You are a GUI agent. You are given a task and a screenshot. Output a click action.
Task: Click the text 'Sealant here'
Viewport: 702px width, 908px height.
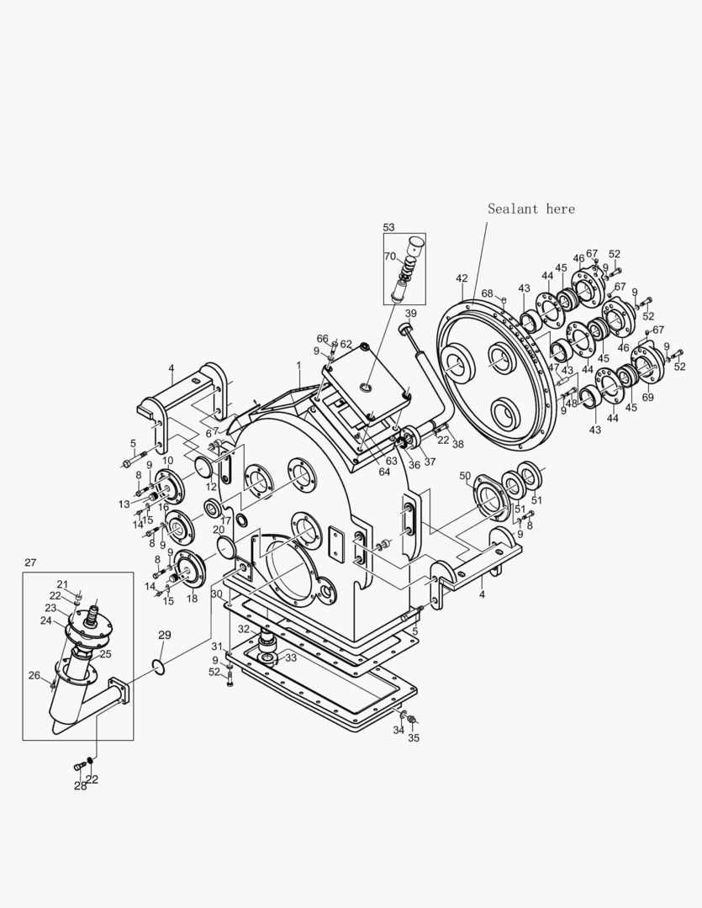[x=531, y=209]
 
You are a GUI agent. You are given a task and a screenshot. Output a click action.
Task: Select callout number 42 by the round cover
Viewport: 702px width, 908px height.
[x=462, y=278]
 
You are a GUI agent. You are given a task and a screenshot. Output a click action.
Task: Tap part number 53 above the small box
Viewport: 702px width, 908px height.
[x=388, y=227]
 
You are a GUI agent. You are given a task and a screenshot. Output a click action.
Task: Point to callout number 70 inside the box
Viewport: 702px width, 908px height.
[x=390, y=256]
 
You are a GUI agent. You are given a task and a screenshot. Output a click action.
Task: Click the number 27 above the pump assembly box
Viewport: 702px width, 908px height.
[x=30, y=562]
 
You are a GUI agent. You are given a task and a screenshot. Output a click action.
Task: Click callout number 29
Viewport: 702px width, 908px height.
[x=164, y=635]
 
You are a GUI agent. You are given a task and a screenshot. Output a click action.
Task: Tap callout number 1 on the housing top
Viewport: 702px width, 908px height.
[x=298, y=366]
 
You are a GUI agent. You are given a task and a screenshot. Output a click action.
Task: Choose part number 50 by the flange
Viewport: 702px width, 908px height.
[x=465, y=477]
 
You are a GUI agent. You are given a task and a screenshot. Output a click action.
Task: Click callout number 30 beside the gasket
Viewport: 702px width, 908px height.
[x=216, y=594]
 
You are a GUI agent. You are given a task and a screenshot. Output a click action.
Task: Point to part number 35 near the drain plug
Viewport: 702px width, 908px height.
[x=413, y=739]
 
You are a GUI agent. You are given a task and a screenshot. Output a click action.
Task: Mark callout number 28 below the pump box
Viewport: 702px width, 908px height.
[x=79, y=785]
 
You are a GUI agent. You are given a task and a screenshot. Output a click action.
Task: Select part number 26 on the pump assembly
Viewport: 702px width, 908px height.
[x=34, y=674]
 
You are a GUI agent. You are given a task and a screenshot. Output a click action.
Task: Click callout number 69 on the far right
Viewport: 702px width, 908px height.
[x=647, y=396]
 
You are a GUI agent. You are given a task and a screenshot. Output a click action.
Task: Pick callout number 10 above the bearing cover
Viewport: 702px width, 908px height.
[x=167, y=461]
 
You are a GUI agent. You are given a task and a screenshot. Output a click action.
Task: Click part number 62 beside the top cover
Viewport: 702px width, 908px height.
[x=346, y=344]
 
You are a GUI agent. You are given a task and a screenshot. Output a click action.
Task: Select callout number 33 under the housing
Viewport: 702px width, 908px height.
[x=291, y=657]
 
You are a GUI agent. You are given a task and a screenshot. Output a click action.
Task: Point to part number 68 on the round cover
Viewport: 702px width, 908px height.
[x=487, y=293]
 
